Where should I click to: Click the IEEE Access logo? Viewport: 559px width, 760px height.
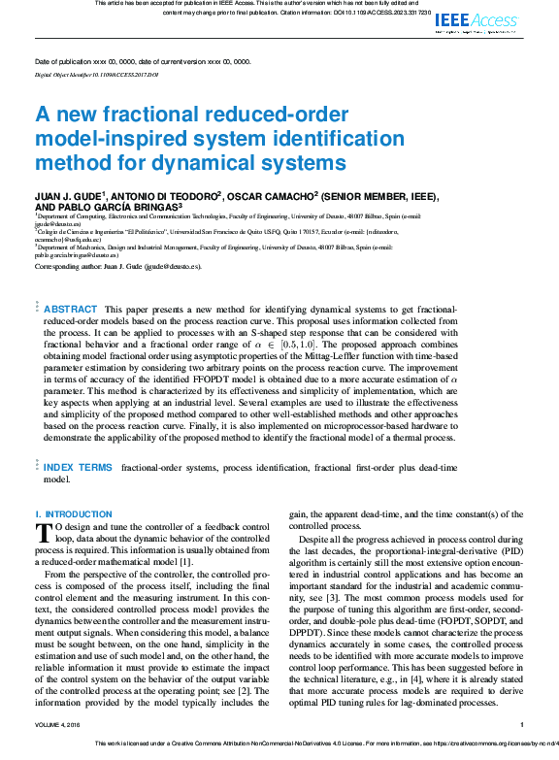pyautogui.click(x=477, y=22)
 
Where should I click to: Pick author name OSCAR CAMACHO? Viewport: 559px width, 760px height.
pyautogui.click(x=273, y=195)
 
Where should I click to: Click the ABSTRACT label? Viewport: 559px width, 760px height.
pyautogui.click(x=71, y=309)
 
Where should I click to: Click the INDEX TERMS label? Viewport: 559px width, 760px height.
pyautogui.click(x=78, y=467)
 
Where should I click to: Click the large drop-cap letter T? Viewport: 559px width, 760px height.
pyautogui.click(x=44, y=531)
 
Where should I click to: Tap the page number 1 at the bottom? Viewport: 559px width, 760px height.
pyautogui.click(x=522, y=724)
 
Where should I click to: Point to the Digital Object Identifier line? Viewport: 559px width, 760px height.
pyautogui.click(x=96, y=74)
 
